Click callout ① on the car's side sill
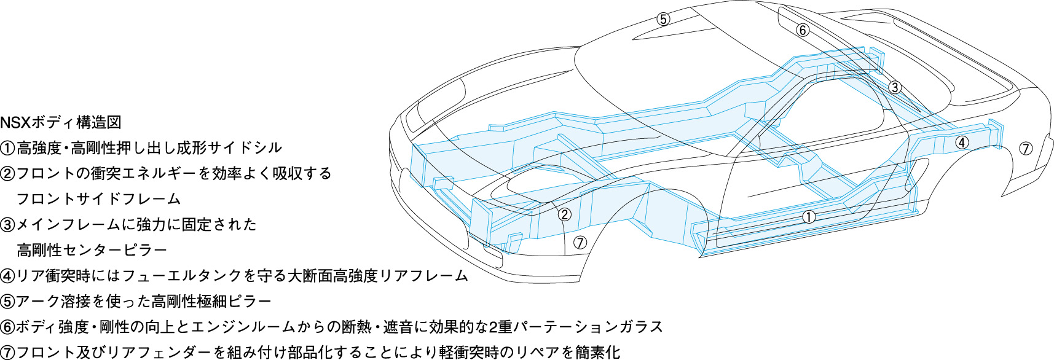coord(809,216)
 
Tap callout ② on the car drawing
coord(564,214)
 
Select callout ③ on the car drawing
coord(895,87)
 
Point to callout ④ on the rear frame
coord(962,143)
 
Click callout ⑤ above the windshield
coord(663,19)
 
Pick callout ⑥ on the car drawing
coord(803,29)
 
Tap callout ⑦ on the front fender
coord(580,242)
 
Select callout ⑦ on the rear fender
coord(1026,148)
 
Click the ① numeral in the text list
coord(7,148)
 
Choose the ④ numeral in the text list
coord(7,276)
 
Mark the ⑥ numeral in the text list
coord(7,327)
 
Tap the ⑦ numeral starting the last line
coord(7,353)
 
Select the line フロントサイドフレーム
coord(98,199)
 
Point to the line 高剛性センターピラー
coord(92,250)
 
